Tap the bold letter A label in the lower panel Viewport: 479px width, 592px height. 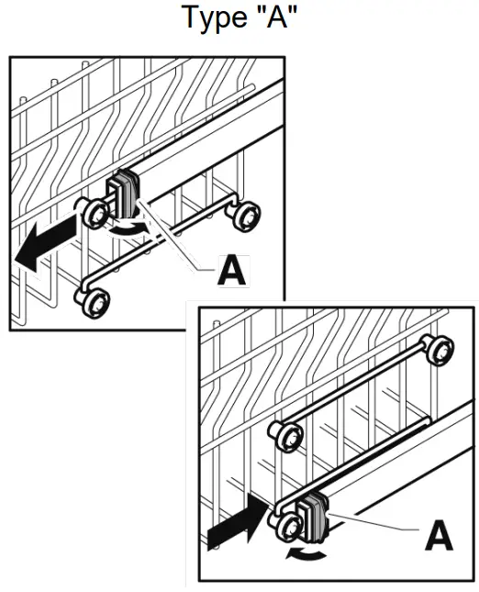pos(438,536)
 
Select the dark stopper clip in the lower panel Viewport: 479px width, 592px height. pos(311,516)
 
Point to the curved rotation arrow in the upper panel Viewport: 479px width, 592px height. pos(127,229)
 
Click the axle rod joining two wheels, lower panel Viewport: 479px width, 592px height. pos(358,390)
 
